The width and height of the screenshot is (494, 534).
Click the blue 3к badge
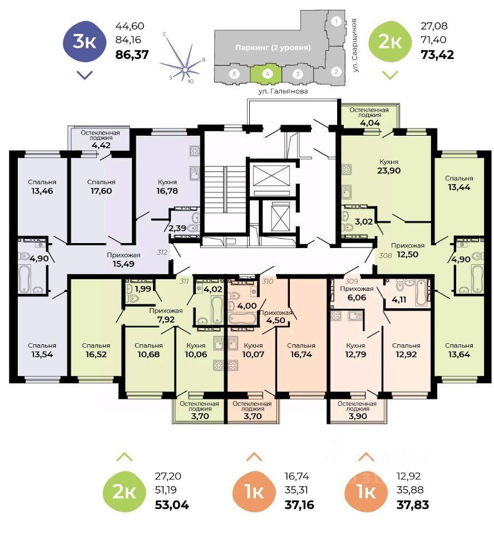[x=84, y=42]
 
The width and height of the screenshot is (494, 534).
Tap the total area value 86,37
[x=132, y=55]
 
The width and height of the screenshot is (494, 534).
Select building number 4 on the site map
[x=268, y=73]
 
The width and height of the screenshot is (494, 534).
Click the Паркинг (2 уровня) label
[x=272, y=47]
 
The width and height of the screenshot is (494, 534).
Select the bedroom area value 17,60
[x=101, y=192]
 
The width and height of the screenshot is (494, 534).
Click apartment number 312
[x=162, y=253]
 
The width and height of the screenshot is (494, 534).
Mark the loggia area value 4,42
[x=101, y=146]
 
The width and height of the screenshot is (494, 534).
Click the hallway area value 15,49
[x=123, y=266]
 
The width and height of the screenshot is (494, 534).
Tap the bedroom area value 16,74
[x=301, y=355]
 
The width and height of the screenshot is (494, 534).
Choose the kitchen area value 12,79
[x=355, y=355]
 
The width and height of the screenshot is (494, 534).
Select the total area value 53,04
[x=171, y=505]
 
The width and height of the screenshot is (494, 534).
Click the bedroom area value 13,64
[x=459, y=355]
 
